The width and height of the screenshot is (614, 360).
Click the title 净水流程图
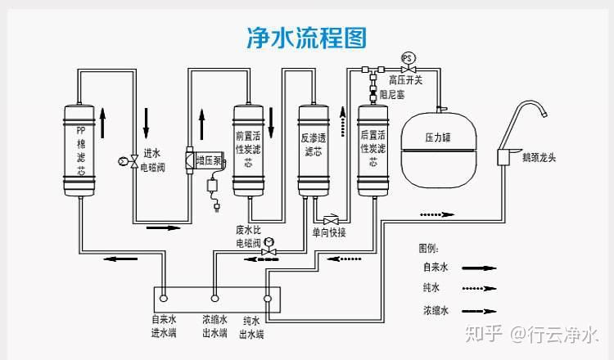coord(306,37)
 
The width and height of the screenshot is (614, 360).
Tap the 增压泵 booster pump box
coord(210,160)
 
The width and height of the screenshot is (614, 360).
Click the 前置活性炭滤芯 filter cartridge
coord(248,151)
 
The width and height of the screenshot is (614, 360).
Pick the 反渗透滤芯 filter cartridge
coord(312,151)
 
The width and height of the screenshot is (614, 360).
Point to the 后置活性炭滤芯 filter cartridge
coord(372,151)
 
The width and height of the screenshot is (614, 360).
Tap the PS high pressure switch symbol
coord(408,57)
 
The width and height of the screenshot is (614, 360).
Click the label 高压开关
coord(405,80)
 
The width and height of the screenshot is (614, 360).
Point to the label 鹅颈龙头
coord(538,157)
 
